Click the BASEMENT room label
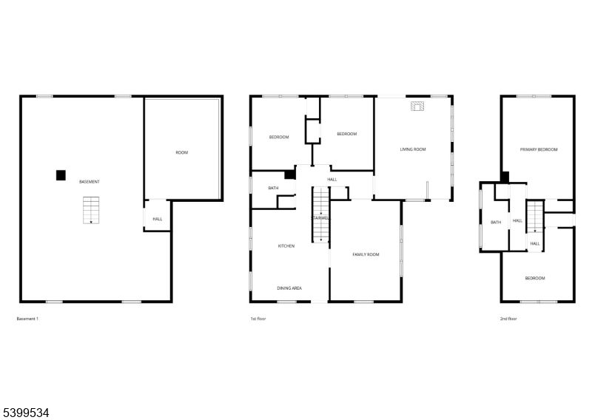90,181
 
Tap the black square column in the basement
61,175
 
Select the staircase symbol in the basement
90,209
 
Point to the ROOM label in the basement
181,152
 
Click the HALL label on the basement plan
158,219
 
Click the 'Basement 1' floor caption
27,319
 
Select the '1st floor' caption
258,319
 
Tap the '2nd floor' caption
508,319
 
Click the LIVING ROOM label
413,149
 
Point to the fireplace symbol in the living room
417,106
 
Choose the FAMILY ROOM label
366,254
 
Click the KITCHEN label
286,245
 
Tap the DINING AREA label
289,288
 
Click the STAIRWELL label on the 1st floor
320,218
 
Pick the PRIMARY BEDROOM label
538,149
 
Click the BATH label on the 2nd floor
496,222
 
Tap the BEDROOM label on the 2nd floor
535,278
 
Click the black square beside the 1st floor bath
289,175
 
